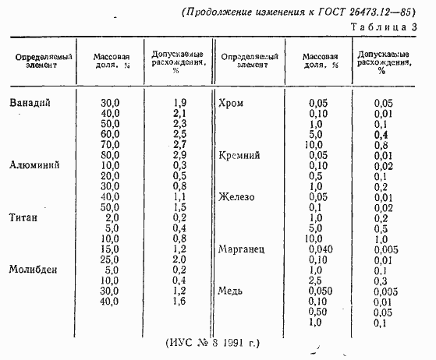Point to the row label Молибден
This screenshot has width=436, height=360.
point(34,269)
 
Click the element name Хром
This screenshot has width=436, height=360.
point(233,103)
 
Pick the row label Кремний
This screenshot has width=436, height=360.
point(241,155)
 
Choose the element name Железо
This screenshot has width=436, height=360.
point(238,196)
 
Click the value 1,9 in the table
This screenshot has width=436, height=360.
point(178,103)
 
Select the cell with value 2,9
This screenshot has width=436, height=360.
point(178,155)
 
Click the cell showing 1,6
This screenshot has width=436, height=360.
point(178,301)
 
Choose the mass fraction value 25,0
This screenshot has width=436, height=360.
point(110,259)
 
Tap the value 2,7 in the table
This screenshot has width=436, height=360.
point(178,145)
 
